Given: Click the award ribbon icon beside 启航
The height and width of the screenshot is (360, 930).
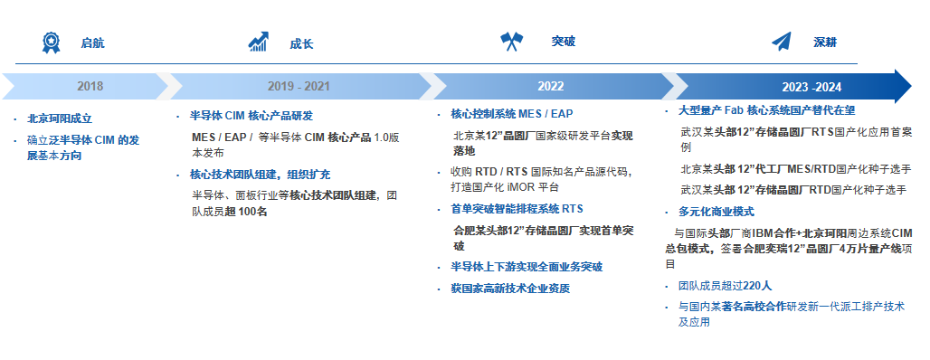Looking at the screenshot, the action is pyautogui.click(x=51, y=43).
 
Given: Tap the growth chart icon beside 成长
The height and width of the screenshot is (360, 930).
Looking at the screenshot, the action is pyautogui.click(x=259, y=42).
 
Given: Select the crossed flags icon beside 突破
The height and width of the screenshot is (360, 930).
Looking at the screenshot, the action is pyautogui.click(x=511, y=41).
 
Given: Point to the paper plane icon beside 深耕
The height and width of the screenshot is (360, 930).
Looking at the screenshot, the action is pyautogui.click(x=782, y=42).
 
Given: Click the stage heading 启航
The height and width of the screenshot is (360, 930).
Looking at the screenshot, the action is pyautogui.click(x=92, y=43).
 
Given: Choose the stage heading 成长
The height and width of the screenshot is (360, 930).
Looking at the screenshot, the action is pyautogui.click(x=301, y=44).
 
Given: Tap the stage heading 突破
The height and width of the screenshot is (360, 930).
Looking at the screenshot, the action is pyautogui.click(x=564, y=42).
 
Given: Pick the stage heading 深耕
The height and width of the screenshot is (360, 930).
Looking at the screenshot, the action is pyautogui.click(x=825, y=43).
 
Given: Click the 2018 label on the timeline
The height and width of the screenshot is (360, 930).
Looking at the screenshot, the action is pyautogui.click(x=90, y=87).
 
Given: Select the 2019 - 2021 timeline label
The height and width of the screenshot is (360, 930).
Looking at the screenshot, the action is pyautogui.click(x=299, y=87).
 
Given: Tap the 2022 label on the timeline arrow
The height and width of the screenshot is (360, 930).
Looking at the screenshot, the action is pyautogui.click(x=550, y=87).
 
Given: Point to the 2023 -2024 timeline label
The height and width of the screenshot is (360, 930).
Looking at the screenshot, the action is pyautogui.click(x=811, y=87).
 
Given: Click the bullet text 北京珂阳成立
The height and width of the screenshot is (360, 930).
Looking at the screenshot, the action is pyautogui.click(x=60, y=118).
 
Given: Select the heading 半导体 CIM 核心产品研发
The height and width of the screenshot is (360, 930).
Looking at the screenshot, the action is pyautogui.click(x=251, y=116).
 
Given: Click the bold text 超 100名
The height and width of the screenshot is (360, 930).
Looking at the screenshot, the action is pyautogui.click(x=246, y=212).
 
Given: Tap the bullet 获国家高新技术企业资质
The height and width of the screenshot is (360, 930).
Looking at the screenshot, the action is pyautogui.click(x=510, y=289).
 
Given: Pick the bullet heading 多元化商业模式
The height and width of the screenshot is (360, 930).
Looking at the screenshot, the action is pyautogui.click(x=716, y=212).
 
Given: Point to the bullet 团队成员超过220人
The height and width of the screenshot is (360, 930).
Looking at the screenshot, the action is pyautogui.click(x=726, y=286).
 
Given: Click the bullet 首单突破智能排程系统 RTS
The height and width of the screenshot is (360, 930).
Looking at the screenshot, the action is pyautogui.click(x=517, y=209).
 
